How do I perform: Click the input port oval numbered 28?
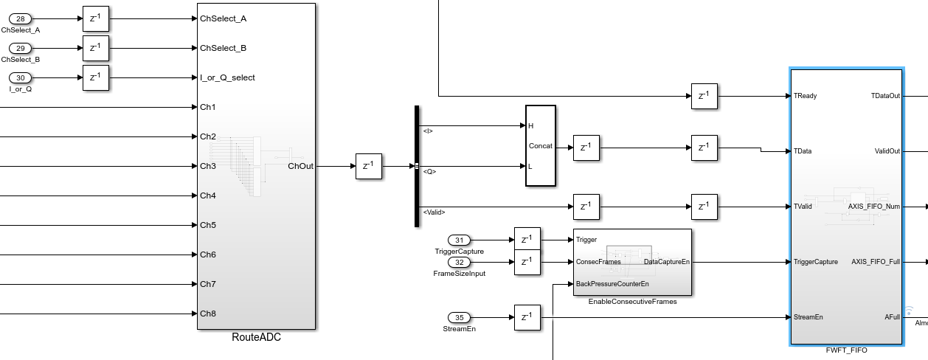21,18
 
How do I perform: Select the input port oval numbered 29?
21,48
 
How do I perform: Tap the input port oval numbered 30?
21,77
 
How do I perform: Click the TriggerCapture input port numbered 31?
460,240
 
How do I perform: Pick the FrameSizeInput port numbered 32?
460,262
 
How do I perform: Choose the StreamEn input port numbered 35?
460,318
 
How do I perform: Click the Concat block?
540,145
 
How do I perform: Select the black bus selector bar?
417,166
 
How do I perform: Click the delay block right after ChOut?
369,166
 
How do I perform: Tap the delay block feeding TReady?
704,96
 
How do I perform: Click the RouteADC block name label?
256,338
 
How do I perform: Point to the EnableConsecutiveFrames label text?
632,302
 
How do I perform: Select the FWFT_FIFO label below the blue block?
846,350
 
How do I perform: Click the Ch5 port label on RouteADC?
208,225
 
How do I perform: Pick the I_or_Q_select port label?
227,77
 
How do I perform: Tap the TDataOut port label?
885,96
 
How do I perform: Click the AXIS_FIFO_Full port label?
876,262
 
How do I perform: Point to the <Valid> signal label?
434,212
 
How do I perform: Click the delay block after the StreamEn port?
527,318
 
